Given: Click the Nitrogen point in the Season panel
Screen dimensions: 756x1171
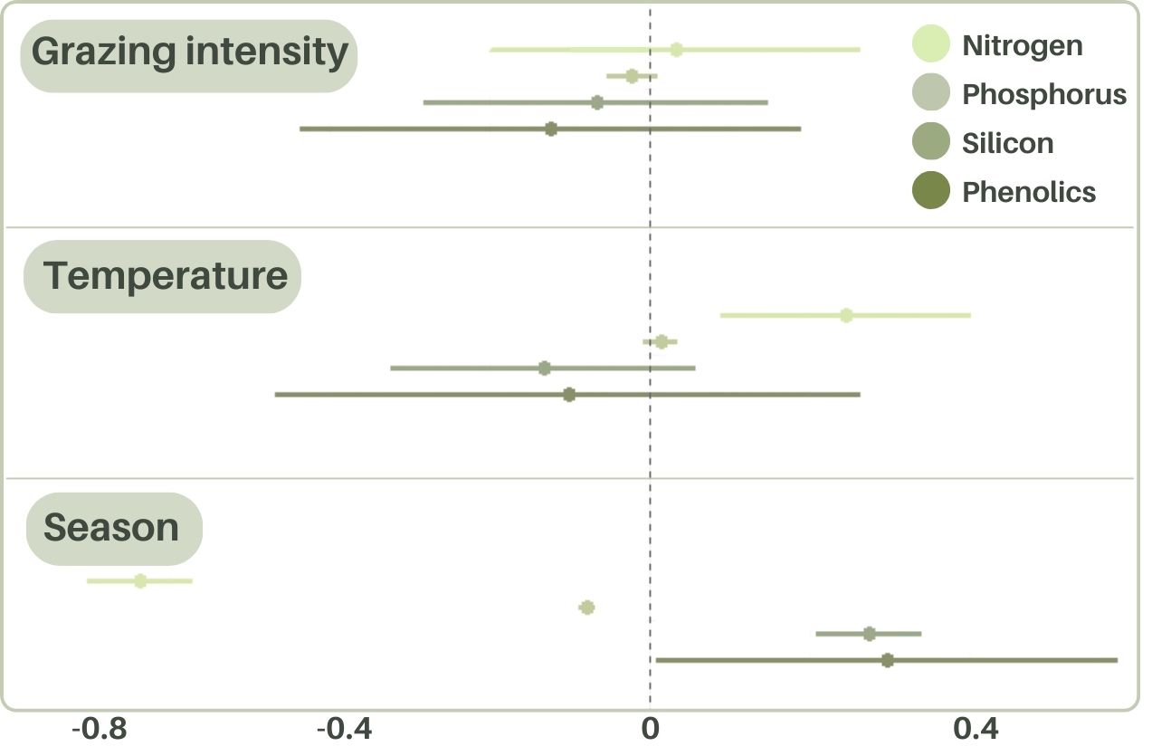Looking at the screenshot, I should (x=140, y=580).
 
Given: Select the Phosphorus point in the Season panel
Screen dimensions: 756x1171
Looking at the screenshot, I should (x=586, y=608).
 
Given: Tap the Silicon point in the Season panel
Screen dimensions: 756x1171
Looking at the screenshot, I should (x=870, y=634).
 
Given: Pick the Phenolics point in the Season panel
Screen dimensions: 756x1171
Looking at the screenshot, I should (x=888, y=660).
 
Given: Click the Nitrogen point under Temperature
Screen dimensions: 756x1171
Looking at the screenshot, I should (x=846, y=315).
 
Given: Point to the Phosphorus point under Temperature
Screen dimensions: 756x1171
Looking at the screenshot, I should (x=662, y=341).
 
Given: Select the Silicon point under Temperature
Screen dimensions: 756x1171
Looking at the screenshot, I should (x=544, y=368).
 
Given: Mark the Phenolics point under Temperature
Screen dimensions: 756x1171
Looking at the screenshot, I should (x=569, y=395).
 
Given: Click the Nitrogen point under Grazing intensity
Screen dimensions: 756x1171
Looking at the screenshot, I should (x=676, y=50).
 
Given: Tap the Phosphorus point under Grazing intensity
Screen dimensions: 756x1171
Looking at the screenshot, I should (x=632, y=76).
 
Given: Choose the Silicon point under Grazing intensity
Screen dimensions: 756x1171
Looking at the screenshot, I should (x=597, y=102).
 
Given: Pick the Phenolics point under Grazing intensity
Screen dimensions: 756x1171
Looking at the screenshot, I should (x=551, y=129).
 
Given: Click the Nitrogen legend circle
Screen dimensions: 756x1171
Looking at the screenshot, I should (x=931, y=44).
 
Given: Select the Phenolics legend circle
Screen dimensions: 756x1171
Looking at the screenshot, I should (x=931, y=191).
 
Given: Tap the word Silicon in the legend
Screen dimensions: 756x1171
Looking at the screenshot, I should (x=1007, y=143).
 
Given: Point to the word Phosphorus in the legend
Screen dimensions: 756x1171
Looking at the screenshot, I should (x=1044, y=94).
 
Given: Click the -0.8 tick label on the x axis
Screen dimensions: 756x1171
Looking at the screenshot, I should (x=101, y=728).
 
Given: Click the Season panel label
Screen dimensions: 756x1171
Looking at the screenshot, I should (x=111, y=528).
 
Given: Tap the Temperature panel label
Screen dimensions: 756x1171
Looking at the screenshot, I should (x=166, y=275).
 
